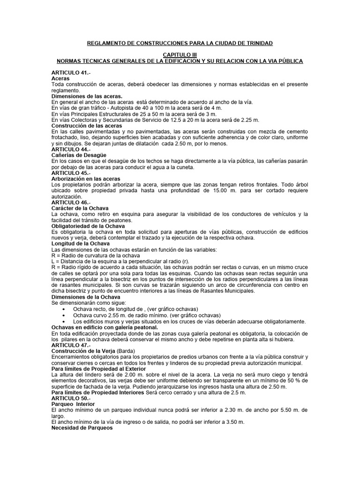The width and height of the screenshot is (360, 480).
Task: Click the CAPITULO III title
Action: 180,55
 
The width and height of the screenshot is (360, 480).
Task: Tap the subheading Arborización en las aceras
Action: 86,179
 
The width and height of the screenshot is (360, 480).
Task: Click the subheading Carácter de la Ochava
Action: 82,208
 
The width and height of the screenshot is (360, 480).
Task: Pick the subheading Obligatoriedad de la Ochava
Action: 88,225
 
